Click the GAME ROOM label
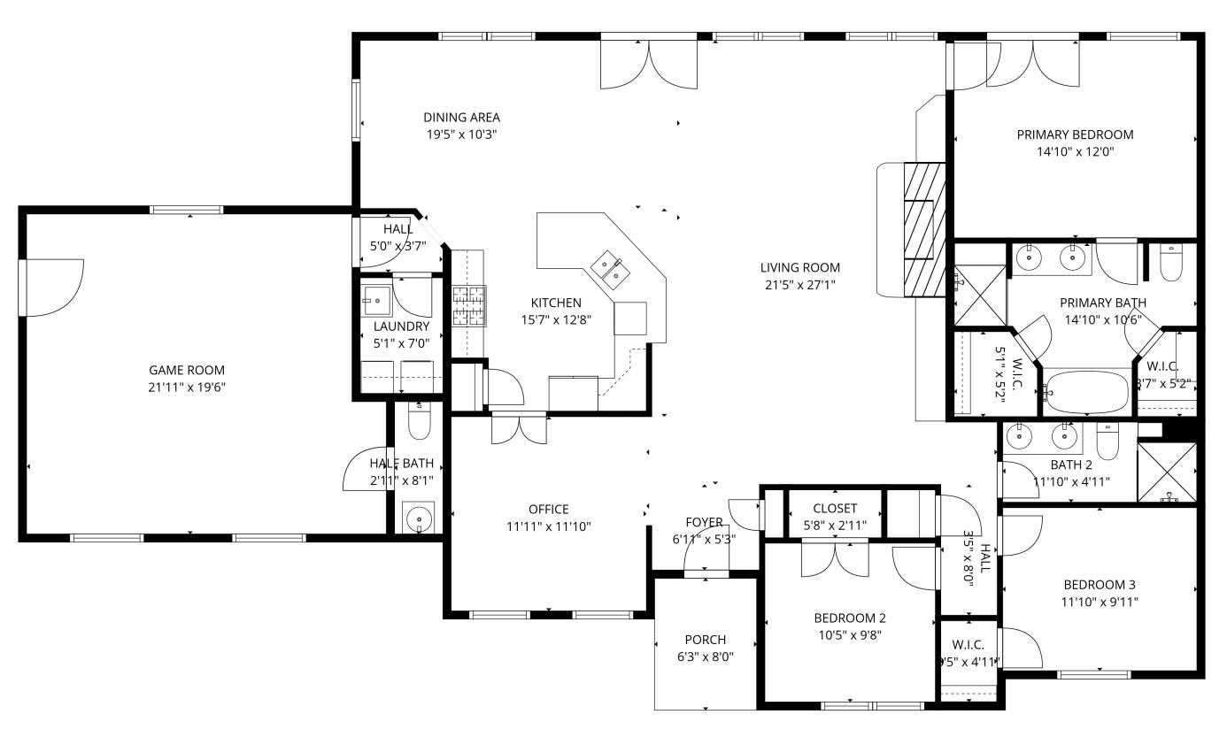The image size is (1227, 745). pos(186,370)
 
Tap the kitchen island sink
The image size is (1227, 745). pos(608,267)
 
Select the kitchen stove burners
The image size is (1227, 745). pos(469,306)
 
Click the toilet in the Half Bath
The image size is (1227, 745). pos(419,422)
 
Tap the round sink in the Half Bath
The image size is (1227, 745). pos(418,518)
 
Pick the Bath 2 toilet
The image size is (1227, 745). pos(1109,440)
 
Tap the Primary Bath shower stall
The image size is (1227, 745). pos(979,296)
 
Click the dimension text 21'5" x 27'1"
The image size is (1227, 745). pos(799,284)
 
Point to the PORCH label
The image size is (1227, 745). pos(705,640)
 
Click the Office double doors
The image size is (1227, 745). pos(520,428)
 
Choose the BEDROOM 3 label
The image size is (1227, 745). pos(1099,585)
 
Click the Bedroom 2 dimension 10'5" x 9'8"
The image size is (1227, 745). pos(849,634)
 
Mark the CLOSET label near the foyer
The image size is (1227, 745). pos(834,508)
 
